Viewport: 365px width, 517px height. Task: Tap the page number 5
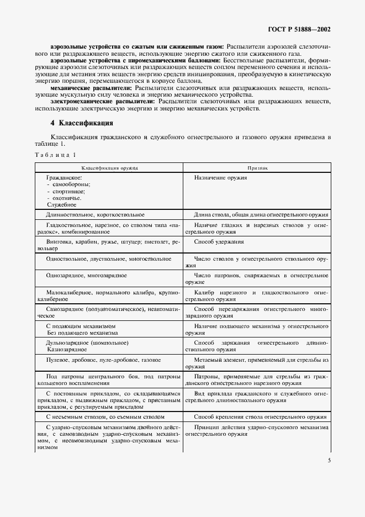point(329,460)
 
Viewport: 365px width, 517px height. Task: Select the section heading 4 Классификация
point(82,123)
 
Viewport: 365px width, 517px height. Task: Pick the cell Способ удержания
point(219,242)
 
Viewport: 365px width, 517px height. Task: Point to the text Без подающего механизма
point(82,333)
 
